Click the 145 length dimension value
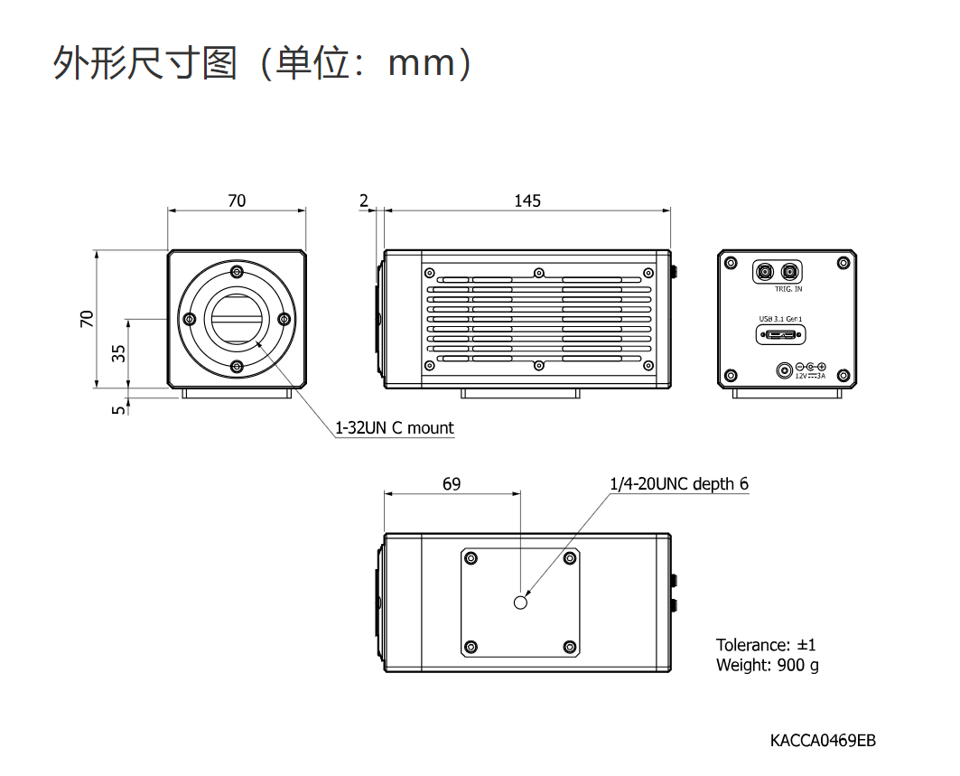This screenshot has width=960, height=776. (x=527, y=201)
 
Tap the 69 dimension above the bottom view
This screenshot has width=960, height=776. (x=452, y=484)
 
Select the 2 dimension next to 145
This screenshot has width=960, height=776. (x=365, y=201)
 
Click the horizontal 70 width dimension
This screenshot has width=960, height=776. (x=236, y=201)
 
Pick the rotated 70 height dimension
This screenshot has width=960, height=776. (x=87, y=319)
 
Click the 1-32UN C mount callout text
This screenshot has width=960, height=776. (x=395, y=428)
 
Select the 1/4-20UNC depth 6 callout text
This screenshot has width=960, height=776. (x=679, y=484)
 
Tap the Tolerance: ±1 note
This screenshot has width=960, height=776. (x=766, y=645)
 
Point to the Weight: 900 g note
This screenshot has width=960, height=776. (x=768, y=666)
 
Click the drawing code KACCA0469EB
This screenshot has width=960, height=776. (x=823, y=741)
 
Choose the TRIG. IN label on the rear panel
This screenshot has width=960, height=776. (x=788, y=289)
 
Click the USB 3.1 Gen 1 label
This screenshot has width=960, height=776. (x=781, y=319)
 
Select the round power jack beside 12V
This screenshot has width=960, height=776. (x=785, y=370)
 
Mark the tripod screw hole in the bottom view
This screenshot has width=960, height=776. (x=520, y=602)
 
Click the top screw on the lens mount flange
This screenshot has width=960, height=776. (x=237, y=272)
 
